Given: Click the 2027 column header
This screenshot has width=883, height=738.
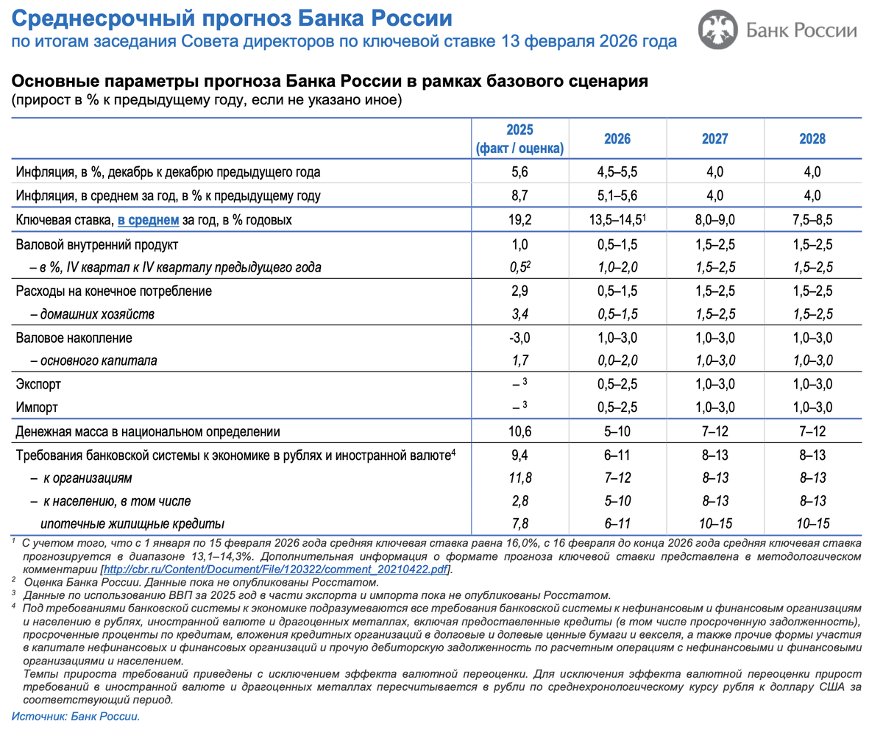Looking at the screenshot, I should point(715,139).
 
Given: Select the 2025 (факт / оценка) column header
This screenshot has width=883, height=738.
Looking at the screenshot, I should point(519,139).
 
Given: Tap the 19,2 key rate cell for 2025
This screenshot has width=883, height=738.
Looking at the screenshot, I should point(519,220).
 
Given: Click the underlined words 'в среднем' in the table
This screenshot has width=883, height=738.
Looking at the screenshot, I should point(149,220).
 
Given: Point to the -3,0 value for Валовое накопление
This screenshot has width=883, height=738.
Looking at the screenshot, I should point(519,338).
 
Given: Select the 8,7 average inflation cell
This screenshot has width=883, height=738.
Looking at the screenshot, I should point(519,196).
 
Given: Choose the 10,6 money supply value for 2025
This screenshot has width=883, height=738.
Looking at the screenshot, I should point(519,431).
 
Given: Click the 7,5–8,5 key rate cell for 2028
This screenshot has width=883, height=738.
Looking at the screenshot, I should point(813,220).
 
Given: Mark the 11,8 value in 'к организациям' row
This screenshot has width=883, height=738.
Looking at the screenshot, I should point(519,478).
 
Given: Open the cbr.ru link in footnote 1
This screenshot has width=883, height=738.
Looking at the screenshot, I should point(277,570).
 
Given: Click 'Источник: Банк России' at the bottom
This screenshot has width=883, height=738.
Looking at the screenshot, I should point(75,715).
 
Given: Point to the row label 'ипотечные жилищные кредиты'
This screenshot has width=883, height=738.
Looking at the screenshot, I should point(132,525).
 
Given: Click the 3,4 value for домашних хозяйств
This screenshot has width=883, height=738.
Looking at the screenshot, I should point(519,314).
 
